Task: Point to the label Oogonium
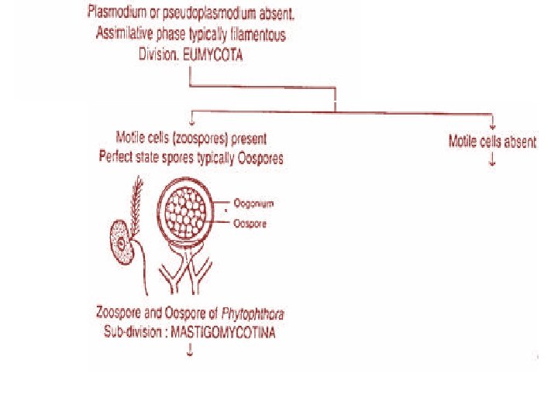255,203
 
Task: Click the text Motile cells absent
492,142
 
